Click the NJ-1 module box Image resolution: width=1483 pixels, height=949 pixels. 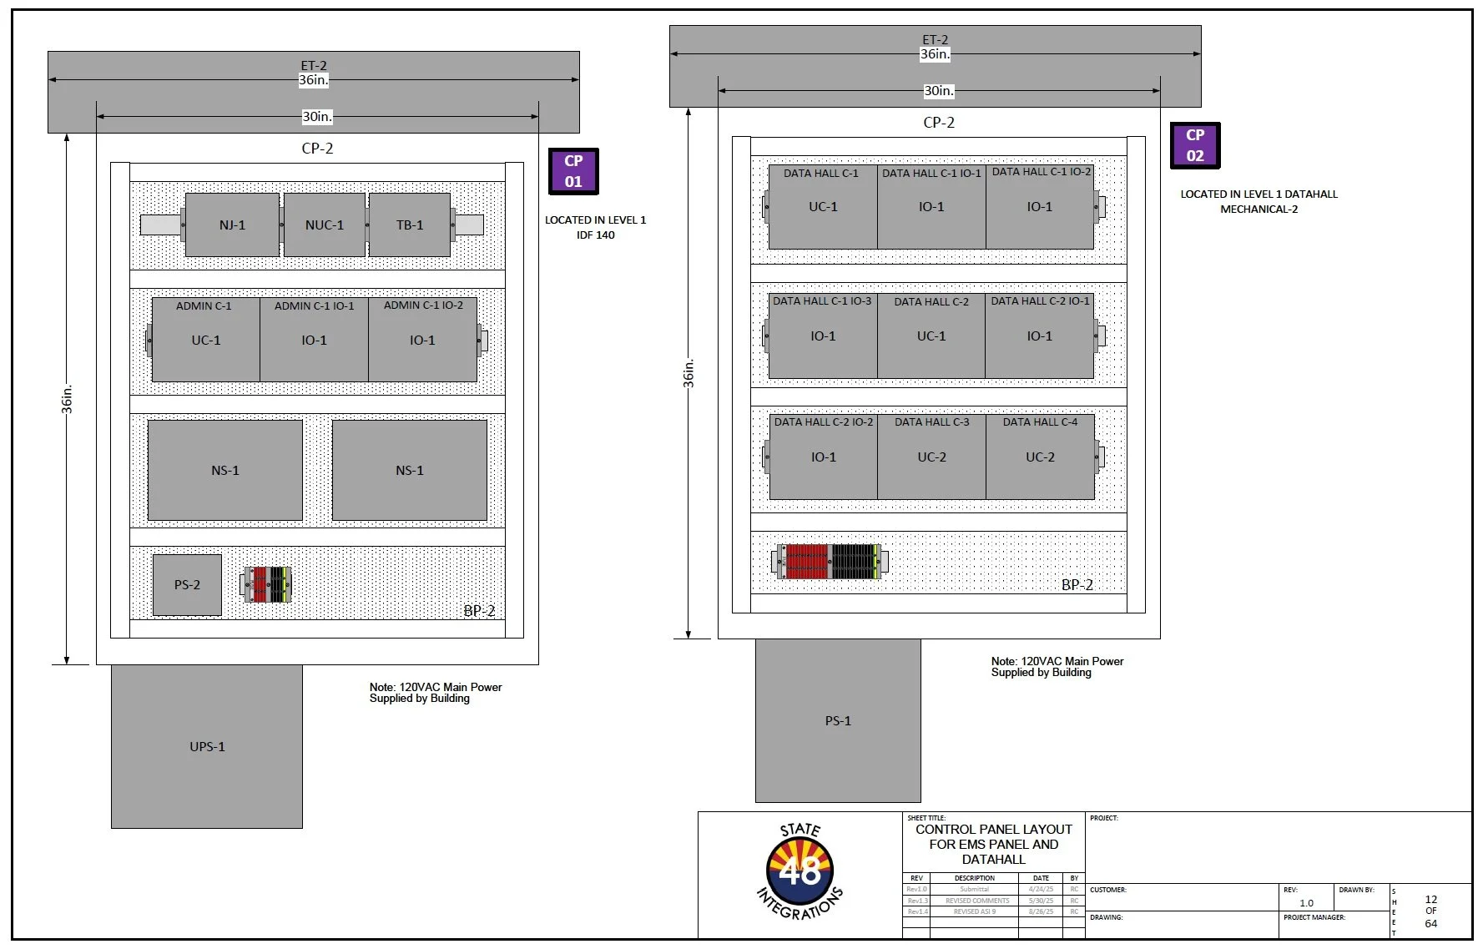(x=232, y=225)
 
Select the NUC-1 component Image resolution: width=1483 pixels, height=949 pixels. (x=325, y=225)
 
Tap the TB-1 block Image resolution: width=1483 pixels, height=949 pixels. (x=410, y=225)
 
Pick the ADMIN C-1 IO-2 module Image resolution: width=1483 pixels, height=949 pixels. (x=422, y=340)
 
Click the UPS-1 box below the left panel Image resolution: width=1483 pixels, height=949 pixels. (x=207, y=746)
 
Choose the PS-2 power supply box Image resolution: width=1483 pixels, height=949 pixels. (x=187, y=585)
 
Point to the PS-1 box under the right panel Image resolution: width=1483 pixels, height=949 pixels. (x=838, y=720)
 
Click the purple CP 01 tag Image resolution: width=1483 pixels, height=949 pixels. (x=573, y=171)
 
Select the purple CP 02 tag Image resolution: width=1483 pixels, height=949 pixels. (x=1195, y=145)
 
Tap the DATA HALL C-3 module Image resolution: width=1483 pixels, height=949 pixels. (x=931, y=457)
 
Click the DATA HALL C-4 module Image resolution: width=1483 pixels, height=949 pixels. (x=1040, y=457)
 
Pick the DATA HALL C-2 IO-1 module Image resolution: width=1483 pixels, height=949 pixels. (x=1040, y=336)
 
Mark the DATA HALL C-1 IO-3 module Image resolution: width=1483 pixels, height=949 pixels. (x=823, y=336)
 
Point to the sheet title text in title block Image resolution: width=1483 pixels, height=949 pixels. (x=993, y=844)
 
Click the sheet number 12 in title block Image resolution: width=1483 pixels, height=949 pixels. (x=1430, y=899)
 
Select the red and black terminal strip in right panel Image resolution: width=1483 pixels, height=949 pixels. (x=831, y=562)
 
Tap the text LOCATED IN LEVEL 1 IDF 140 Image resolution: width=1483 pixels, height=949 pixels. (x=595, y=227)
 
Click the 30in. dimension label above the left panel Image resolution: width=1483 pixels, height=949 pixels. (x=317, y=117)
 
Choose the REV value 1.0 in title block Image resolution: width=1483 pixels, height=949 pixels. (x=1306, y=903)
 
